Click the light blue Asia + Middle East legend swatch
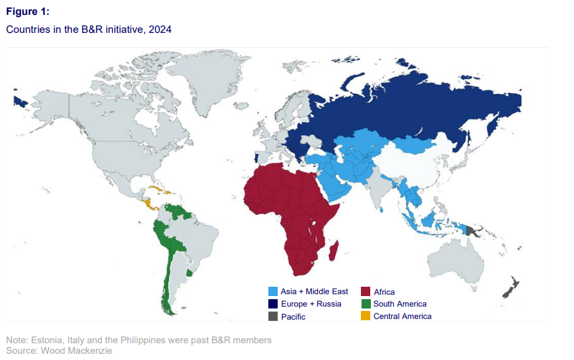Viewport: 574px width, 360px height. [x=273, y=292]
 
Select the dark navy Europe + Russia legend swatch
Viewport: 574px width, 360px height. [x=273, y=304]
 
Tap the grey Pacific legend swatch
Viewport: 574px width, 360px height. [x=273, y=317]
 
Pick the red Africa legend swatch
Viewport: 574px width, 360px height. [x=365, y=292]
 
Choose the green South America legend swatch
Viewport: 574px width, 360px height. [x=365, y=304]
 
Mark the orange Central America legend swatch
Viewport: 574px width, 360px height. [x=365, y=317]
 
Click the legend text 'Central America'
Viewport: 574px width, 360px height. [x=402, y=317]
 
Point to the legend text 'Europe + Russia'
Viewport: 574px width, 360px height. [x=311, y=304]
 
